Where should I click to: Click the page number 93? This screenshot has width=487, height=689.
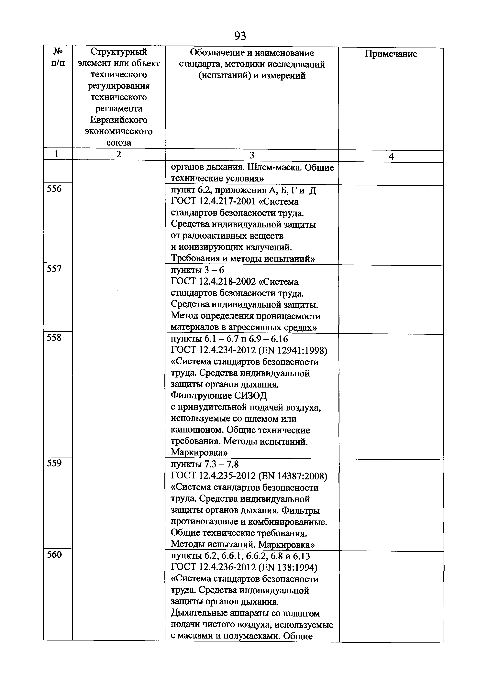point(240,36)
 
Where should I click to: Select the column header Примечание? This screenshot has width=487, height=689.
point(391,54)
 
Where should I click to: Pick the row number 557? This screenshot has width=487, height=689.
point(54,269)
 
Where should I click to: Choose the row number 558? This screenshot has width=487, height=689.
point(54,338)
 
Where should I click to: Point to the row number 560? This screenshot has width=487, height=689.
point(54,555)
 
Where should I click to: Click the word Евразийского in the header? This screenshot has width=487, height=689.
point(119,120)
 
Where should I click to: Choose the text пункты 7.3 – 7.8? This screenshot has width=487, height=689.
point(205,465)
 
